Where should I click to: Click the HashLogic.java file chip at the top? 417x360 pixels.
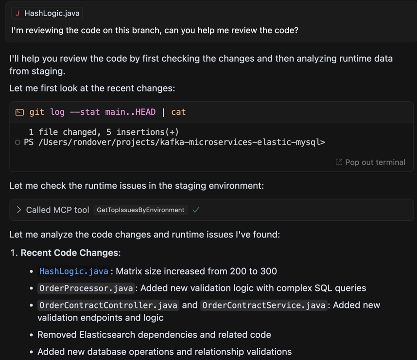(47, 13)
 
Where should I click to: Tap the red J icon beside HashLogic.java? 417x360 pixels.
(17, 13)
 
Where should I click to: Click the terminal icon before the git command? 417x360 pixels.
(19, 112)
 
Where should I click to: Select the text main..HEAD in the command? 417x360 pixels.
(132, 112)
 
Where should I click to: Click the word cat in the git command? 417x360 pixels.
(178, 112)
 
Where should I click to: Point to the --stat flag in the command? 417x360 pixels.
(85, 112)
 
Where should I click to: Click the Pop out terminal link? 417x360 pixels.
(375, 162)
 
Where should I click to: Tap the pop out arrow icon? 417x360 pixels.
(339, 162)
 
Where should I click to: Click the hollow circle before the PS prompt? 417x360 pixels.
(17, 143)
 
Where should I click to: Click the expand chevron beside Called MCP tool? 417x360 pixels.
(19, 210)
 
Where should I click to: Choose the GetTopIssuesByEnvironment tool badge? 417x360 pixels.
(140, 210)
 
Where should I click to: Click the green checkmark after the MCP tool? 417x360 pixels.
(196, 210)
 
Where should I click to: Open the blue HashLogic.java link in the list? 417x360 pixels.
(73, 271)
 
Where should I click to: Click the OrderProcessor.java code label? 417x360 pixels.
(86, 288)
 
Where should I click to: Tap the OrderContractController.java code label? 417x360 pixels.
(108, 305)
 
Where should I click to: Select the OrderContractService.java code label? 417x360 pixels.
(263, 305)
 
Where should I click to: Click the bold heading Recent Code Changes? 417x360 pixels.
(69, 252)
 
